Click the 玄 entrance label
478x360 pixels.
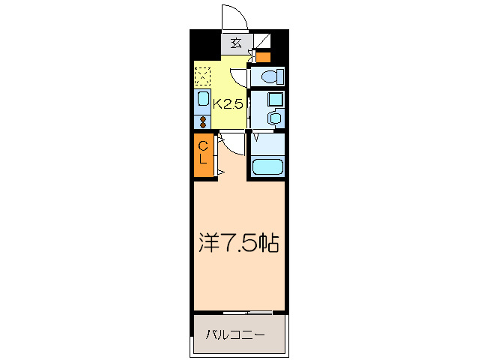pos(236,43)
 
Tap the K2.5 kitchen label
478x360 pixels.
pos(228,104)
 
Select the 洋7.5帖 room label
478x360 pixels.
pos(239,243)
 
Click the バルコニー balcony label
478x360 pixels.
pos(235,335)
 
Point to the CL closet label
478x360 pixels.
pos(203,153)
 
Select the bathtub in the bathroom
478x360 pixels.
pos(268,167)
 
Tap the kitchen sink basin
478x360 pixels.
pos(202,98)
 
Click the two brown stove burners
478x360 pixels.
pos(203,122)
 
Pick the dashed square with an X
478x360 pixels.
pos(203,76)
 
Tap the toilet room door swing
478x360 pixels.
pos(239,78)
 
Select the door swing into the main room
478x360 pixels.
pos(232,144)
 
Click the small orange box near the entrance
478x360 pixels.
pos(263,57)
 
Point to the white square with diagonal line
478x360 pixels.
pos(262,40)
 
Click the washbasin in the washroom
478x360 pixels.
pos(276,118)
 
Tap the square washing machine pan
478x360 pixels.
pos(276,100)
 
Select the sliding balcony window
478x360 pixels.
pos(247,313)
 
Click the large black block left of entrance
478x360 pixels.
pos(205,44)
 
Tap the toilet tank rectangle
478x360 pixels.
pos(280,76)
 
